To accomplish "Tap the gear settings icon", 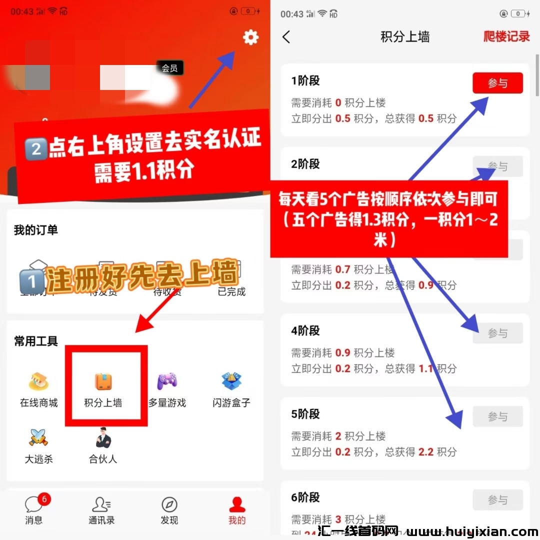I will tap(250, 37).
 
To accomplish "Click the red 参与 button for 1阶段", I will tap(497, 83).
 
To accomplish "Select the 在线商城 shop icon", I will tap(38, 382).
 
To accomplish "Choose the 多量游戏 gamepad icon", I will tap(167, 382).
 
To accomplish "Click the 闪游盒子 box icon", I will tap(231, 382).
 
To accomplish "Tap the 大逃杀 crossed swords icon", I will tap(38, 438).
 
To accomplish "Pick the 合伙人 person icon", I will tap(103, 438).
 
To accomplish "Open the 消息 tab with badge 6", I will tap(34, 510).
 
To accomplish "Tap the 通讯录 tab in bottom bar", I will tap(101, 510).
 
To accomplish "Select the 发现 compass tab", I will tap(169, 510).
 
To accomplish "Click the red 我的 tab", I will tap(237, 510).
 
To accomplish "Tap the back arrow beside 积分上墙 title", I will tap(286, 37).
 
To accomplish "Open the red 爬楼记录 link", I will tap(506, 36).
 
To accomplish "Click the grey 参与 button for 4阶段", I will tap(497, 333).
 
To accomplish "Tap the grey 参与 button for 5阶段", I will tap(497, 416).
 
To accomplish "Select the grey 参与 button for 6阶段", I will tap(497, 499).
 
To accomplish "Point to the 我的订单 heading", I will tap(36, 230).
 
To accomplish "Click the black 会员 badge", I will tap(169, 68).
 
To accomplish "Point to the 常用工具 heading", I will tap(36, 341).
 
